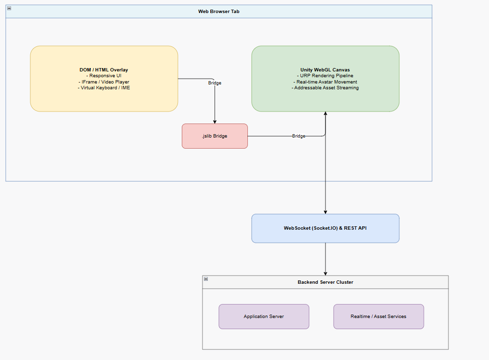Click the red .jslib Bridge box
(215, 136)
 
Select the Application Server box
(264, 316)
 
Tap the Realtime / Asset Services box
(379, 316)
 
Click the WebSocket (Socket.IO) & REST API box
(325, 228)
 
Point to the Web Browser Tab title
(219, 12)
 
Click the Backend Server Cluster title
(325, 282)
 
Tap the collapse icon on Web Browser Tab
(9, 8)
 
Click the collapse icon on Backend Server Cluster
(206, 279)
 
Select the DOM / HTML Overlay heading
(104, 70)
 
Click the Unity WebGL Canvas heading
(325, 70)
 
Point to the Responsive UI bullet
(104, 76)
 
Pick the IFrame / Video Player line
(104, 82)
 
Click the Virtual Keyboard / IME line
(104, 88)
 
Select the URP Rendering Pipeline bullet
(325, 76)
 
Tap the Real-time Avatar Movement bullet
(325, 82)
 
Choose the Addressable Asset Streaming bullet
(325, 88)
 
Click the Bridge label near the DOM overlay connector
(215, 83)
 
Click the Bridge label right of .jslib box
(299, 136)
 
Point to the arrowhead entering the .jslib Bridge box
(215, 122)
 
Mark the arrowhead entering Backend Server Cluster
(325, 274)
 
